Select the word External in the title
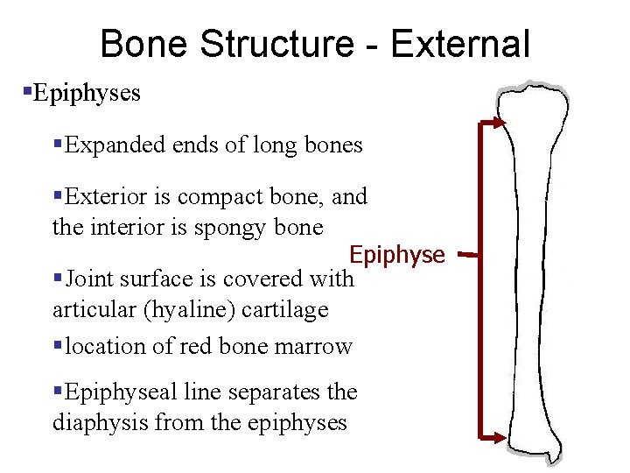[x=460, y=44]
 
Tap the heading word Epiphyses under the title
[x=86, y=93]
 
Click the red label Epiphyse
[x=396, y=255]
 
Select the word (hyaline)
[x=181, y=309]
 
